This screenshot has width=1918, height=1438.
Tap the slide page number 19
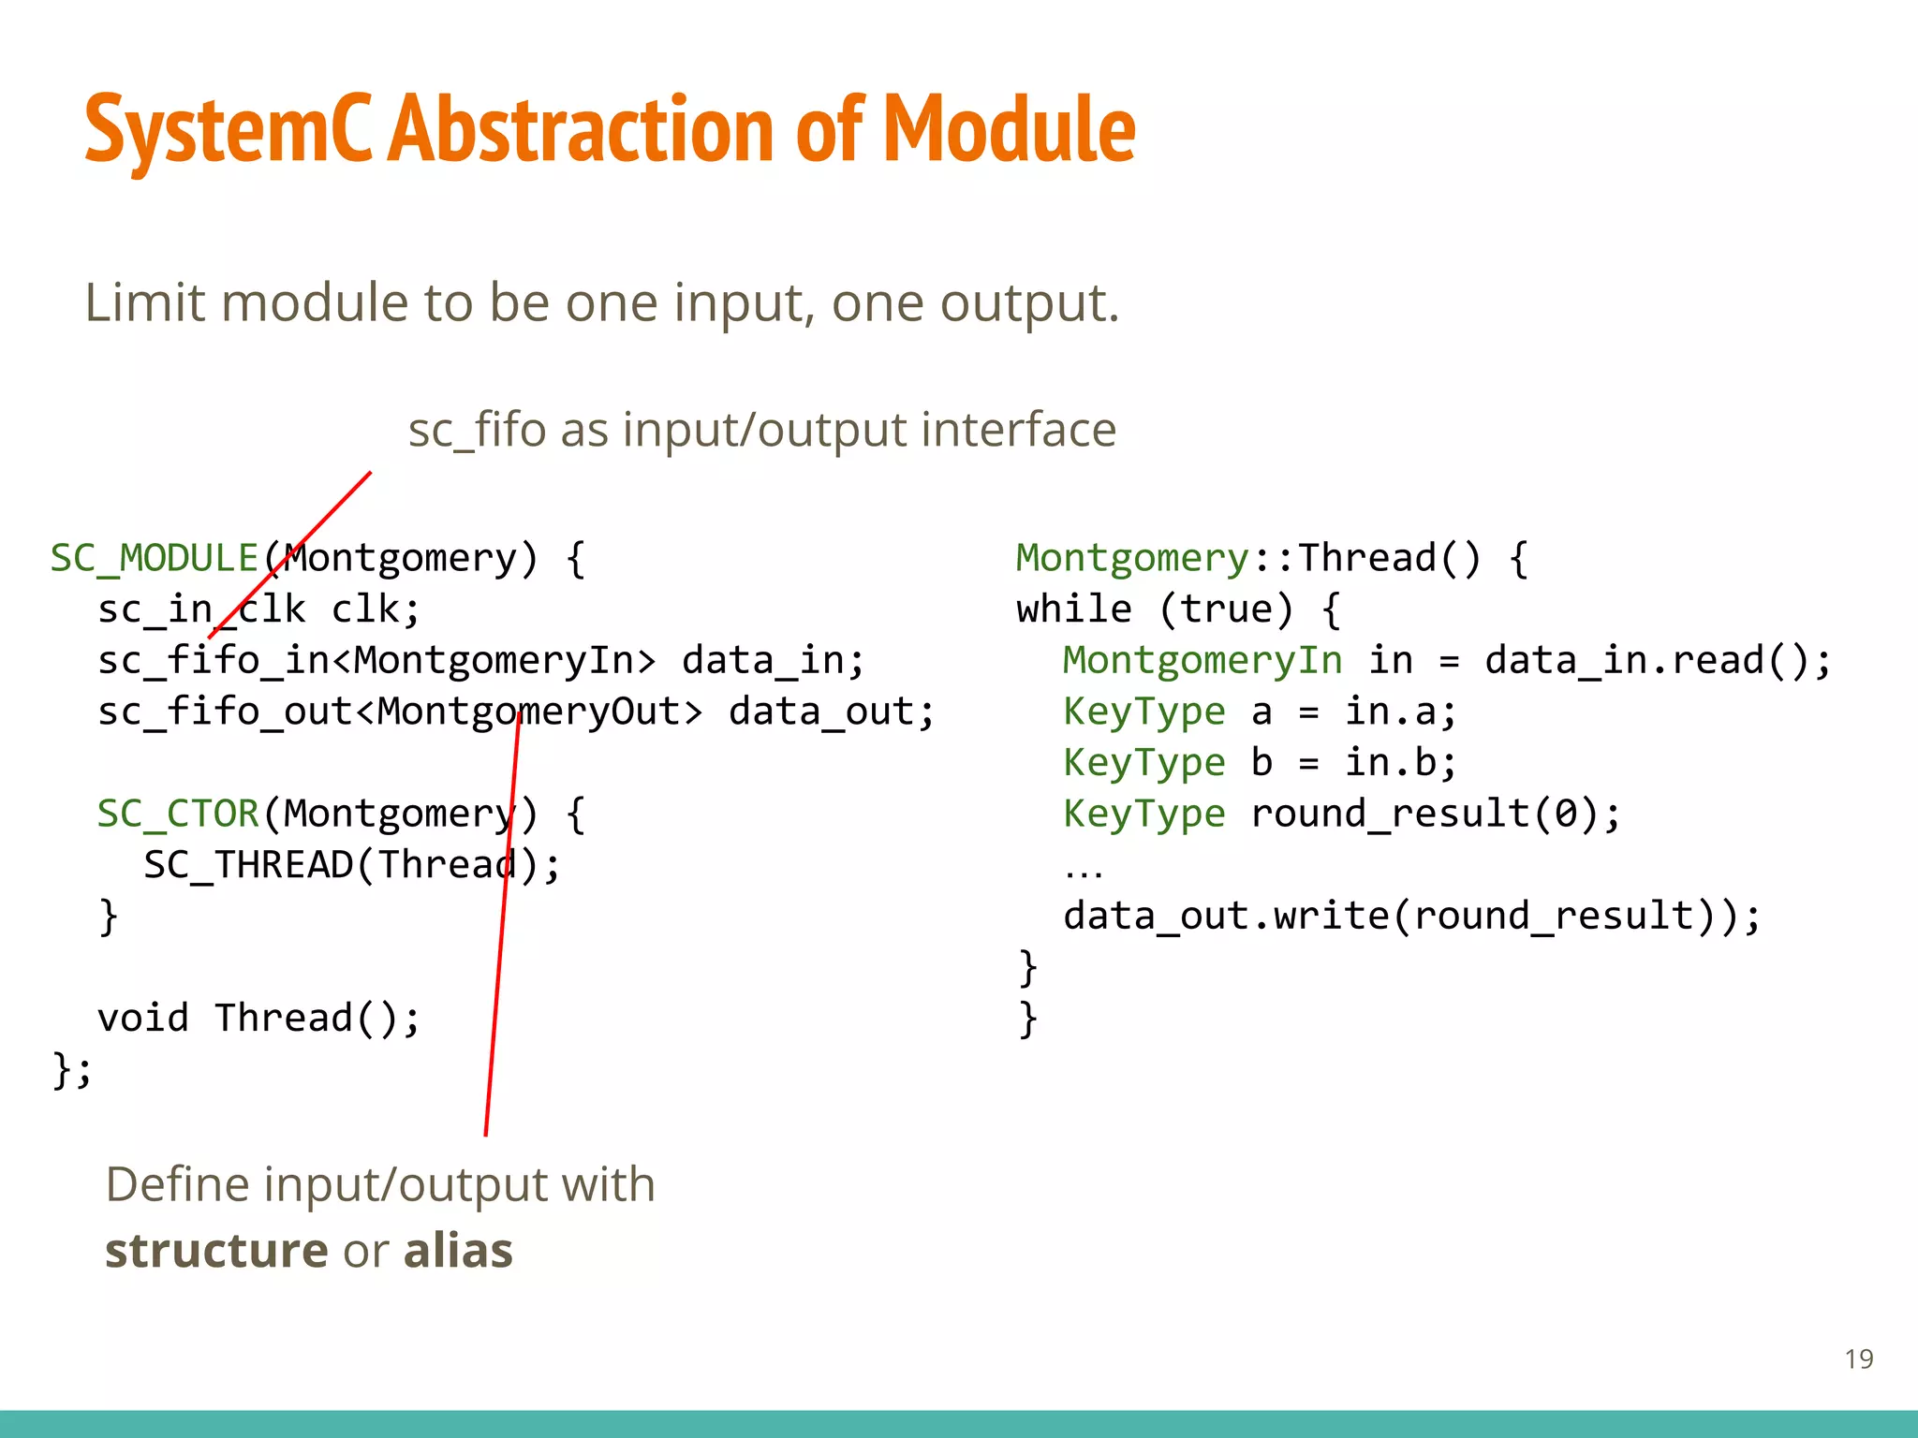coord(1859,1358)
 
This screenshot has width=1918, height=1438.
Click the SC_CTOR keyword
coord(178,814)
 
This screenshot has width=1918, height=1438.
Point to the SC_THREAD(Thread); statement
coord(352,865)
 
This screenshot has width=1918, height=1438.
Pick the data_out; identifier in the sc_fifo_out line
coord(832,712)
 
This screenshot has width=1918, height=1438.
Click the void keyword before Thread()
coord(143,1019)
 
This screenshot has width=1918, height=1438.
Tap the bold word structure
coord(216,1252)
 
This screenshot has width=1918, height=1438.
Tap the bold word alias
coord(458,1252)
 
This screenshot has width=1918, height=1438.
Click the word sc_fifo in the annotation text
coord(477,431)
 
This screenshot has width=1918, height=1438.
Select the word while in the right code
coord(1074,609)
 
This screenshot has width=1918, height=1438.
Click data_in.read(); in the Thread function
coord(1658,661)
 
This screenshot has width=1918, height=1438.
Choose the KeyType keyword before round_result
coord(1143,814)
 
